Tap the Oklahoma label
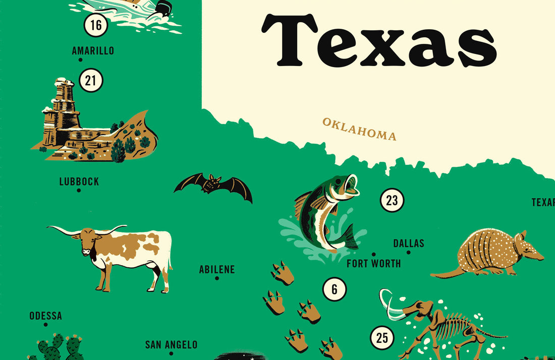[x=359, y=129]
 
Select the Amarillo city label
[x=93, y=50]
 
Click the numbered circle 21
[x=91, y=81]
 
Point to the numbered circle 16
[x=96, y=24]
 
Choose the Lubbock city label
[x=79, y=182]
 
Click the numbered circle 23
[x=392, y=201]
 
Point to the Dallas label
[x=409, y=244]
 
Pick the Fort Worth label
[x=374, y=263]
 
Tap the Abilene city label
[x=217, y=269]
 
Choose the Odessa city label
[x=45, y=316]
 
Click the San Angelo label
[x=171, y=345]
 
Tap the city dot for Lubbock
[x=79, y=191]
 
